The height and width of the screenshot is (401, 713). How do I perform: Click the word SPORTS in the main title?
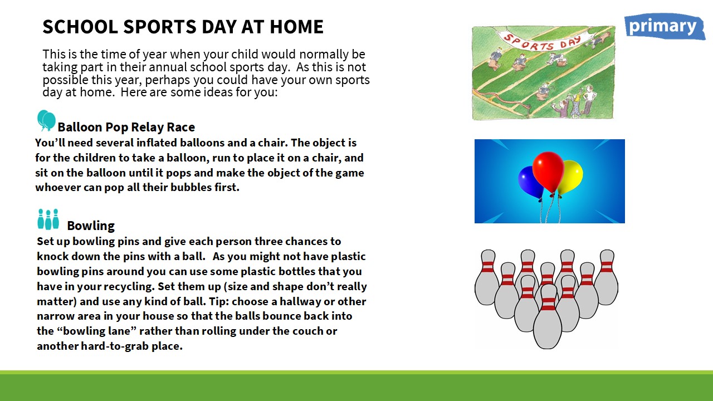click(159, 26)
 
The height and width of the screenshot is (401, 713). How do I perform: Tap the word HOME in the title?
click(296, 26)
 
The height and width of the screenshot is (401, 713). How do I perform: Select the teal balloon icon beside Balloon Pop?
click(46, 121)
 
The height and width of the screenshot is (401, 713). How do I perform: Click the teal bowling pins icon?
click(48, 219)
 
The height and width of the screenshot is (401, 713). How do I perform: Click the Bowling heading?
click(91, 226)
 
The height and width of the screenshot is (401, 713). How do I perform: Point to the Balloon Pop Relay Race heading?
click(126, 127)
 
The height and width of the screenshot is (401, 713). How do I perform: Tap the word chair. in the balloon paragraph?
click(273, 143)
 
